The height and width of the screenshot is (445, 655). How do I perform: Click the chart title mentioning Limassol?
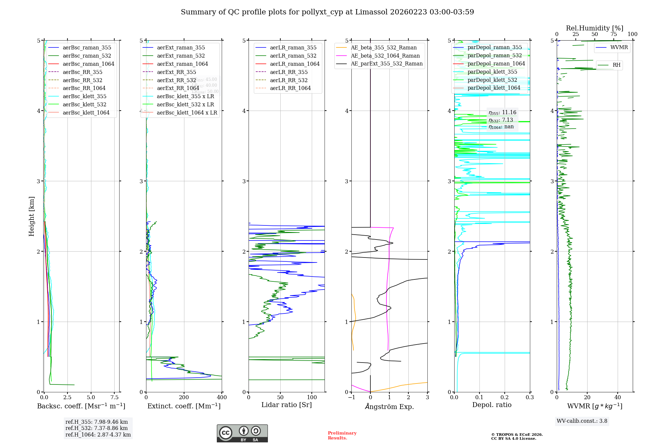click(327, 12)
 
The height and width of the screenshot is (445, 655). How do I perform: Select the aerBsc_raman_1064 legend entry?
click(88, 64)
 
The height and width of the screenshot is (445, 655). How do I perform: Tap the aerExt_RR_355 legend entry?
click(176, 72)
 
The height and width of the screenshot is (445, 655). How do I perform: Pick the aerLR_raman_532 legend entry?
click(293, 56)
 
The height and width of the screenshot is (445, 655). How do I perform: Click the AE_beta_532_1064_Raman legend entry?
click(385, 56)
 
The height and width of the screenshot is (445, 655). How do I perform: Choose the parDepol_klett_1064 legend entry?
click(494, 88)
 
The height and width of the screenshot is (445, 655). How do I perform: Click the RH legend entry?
click(616, 65)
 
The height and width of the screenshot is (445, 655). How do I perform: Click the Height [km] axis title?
click(31, 216)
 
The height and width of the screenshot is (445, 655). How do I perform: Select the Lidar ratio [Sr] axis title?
click(287, 405)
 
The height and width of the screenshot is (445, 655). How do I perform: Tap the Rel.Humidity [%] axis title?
click(594, 28)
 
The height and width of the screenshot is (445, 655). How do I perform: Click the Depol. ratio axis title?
click(492, 405)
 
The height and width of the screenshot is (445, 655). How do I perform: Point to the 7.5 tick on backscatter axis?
click(115, 397)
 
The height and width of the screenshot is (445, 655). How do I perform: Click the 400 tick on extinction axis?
click(222, 397)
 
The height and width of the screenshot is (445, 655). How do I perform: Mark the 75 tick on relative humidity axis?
click(613, 34)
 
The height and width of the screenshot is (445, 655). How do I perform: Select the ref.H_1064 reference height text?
click(98, 435)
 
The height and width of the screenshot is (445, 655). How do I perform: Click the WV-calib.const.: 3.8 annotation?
click(582, 421)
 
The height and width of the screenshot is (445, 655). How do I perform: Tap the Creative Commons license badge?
click(242, 433)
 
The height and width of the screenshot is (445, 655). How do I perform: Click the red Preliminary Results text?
click(342, 436)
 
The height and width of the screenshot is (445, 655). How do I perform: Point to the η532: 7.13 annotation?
click(501, 120)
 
